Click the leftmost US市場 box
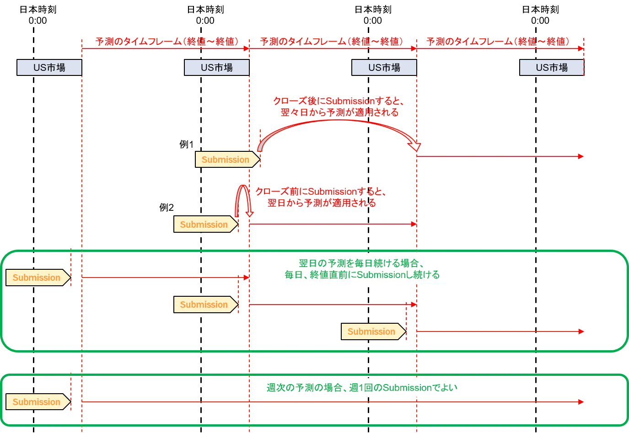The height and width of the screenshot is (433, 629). pyautogui.click(x=49, y=67)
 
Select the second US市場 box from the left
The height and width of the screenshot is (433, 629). pyautogui.click(x=217, y=67)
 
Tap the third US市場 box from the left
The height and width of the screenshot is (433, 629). pyautogui.click(x=384, y=67)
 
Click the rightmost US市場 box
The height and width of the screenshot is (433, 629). pyautogui.click(x=552, y=67)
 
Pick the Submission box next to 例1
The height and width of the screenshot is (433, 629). pyautogui.click(x=227, y=160)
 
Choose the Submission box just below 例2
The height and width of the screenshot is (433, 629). pyautogui.click(x=206, y=224)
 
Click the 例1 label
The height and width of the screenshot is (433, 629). pyautogui.click(x=187, y=144)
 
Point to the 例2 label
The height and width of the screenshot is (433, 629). pyautogui.click(x=167, y=208)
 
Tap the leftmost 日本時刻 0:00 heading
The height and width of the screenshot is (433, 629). pyautogui.click(x=38, y=15)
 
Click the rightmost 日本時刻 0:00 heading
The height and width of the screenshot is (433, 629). pyautogui.click(x=540, y=15)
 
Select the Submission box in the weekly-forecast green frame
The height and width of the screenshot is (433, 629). pyautogui.click(x=38, y=401)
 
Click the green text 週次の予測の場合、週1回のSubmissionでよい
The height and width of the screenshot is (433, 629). pyautogui.click(x=362, y=388)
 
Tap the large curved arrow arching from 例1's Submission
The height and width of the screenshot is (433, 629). pyautogui.click(x=339, y=120)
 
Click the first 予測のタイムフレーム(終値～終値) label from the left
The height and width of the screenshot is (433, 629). pyautogui.click(x=167, y=41)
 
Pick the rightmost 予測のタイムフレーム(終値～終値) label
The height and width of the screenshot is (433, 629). pyautogui.click(x=498, y=41)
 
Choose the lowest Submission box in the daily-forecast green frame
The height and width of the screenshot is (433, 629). pyautogui.click(x=373, y=331)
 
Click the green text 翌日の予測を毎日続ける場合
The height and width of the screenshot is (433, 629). pyautogui.click(x=362, y=263)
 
